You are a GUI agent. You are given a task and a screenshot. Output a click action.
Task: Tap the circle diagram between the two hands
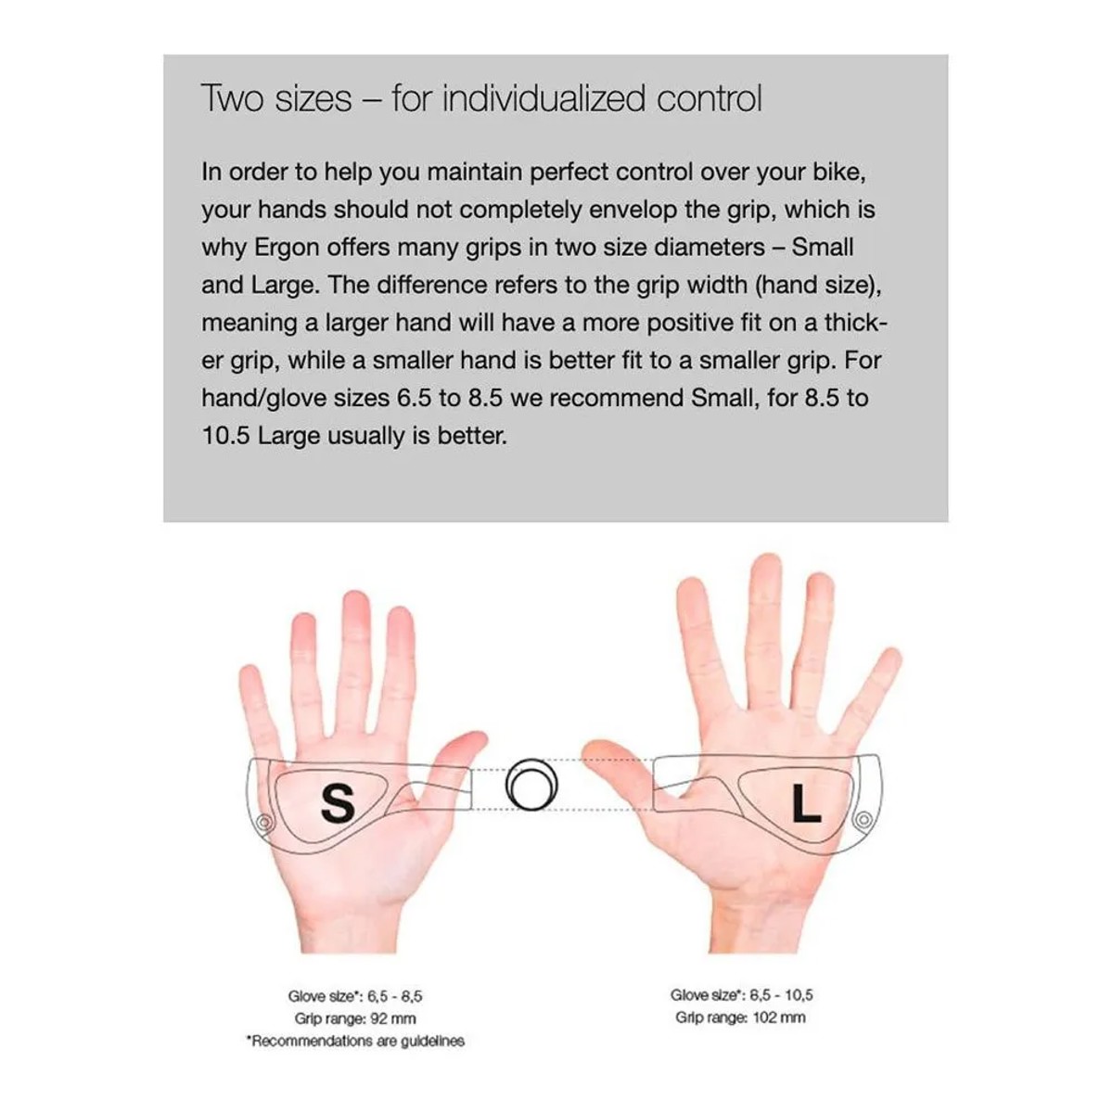coord(532,785)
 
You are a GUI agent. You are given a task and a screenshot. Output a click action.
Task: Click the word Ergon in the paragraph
coord(287,248)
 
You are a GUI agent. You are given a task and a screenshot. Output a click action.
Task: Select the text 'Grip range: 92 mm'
coord(355,1018)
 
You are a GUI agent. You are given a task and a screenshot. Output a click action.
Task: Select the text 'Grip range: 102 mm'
coord(740,1017)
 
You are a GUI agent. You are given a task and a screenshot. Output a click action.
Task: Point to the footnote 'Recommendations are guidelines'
coord(356,1041)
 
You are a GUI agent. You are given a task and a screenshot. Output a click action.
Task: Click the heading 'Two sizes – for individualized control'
coord(481,98)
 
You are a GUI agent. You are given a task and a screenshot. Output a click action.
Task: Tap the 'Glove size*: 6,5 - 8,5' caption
coord(355,996)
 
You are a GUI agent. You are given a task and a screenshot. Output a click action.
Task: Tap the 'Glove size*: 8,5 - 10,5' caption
coord(742,994)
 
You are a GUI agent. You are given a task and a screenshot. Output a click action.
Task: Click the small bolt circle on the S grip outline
coord(264,822)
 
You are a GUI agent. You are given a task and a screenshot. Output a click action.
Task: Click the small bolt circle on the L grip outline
coord(864,819)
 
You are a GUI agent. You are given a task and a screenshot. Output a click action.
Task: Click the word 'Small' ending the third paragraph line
coord(822,248)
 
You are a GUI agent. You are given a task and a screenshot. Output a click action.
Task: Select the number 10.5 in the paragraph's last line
coord(225,436)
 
